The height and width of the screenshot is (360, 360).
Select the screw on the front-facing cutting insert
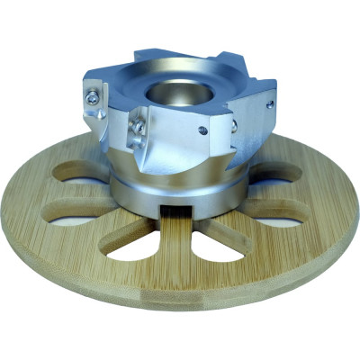point(138,129)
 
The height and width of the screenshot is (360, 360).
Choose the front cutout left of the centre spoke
point(143,238)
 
